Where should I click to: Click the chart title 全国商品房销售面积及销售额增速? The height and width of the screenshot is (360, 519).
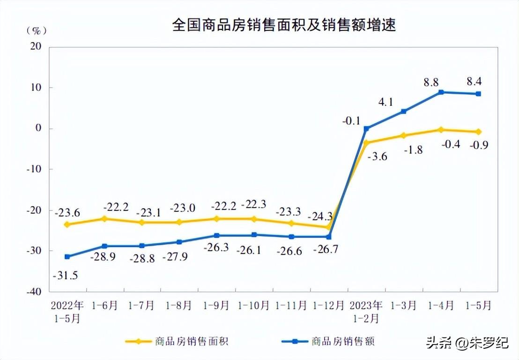[284, 25]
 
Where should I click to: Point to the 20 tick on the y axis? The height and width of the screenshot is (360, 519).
[36, 46]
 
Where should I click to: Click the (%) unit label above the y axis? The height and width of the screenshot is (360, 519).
[36, 31]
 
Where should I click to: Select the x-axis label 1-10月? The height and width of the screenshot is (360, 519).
[254, 306]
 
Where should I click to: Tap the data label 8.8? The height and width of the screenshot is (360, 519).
[431, 82]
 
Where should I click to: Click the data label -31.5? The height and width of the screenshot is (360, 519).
[65, 275]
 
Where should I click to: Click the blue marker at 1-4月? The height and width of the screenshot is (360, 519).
[441, 92]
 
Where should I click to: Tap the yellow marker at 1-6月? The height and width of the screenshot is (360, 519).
[104, 218]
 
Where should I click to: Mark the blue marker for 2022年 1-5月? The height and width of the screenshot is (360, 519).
[67, 256]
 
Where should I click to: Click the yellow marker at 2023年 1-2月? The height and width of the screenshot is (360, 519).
[366, 142]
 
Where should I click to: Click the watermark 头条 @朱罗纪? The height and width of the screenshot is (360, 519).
[467, 344]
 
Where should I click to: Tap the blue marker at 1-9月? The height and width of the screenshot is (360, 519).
[217, 235]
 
